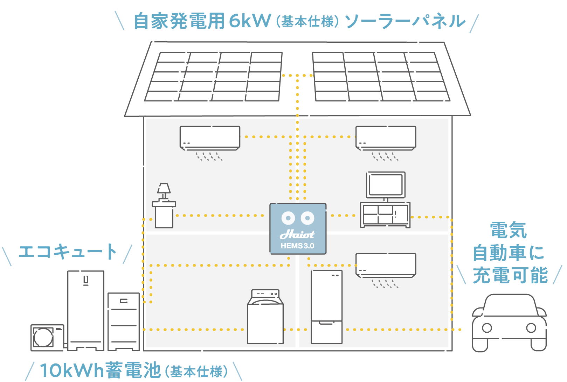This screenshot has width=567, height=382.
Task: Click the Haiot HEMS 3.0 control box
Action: point(298,228)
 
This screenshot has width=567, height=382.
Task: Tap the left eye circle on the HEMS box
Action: point(288,218)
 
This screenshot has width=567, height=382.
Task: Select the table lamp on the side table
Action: point(164,191)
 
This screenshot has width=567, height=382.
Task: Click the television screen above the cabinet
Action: point(386,185)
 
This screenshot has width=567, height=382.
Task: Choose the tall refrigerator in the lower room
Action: point(326,306)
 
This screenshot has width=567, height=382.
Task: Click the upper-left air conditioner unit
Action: point(210,137)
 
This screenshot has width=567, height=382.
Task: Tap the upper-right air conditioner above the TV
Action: point(386,137)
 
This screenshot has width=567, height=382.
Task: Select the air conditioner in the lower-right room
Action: point(386,265)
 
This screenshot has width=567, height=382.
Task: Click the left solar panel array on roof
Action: point(214,77)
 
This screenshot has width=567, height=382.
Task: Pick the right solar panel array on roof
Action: point(381,77)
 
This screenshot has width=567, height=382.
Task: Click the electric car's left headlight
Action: point(487,328)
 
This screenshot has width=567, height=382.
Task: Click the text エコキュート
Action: point(67,252)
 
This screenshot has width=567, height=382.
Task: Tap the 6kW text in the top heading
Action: point(250,21)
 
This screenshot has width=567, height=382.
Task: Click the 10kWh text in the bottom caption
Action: point(72,370)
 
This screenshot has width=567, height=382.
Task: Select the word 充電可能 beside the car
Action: point(510,275)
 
